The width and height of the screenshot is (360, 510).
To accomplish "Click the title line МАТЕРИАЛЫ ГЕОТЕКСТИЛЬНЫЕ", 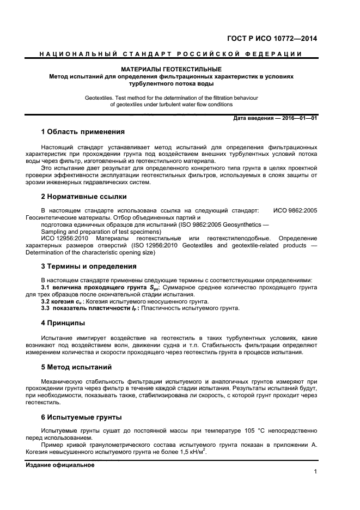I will pyautogui.click(x=171, y=70).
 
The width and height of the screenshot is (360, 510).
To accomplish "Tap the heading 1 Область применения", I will pyautogui.click(x=83, y=132).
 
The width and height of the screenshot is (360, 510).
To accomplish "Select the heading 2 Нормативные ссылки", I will pyautogui.click(x=84, y=196).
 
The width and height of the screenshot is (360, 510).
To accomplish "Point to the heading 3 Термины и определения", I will pyautogui.click(x=89, y=266).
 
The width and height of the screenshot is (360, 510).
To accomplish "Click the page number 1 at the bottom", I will pyautogui.click(x=315, y=471).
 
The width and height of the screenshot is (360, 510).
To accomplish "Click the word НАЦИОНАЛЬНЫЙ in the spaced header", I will pyautogui.click(x=74, y=53).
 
